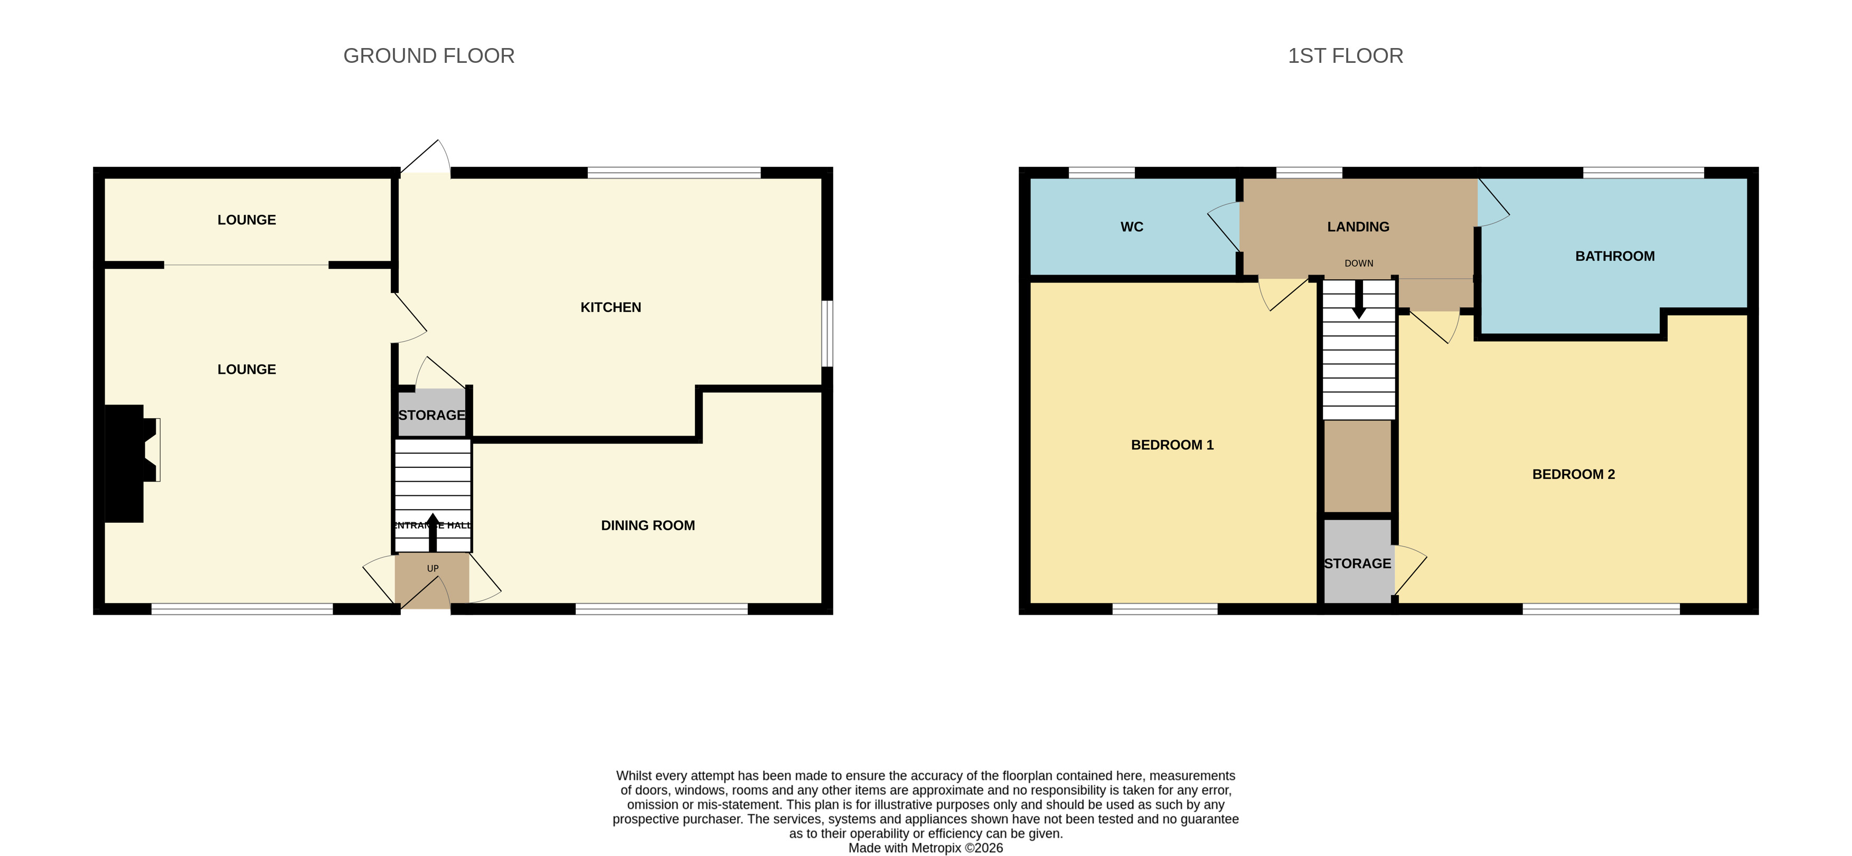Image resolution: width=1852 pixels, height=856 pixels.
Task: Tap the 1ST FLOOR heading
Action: point(1345,56)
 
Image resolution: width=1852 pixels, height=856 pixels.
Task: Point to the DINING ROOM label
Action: point(648,525)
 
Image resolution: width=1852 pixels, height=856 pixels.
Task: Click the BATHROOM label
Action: point(1615,256)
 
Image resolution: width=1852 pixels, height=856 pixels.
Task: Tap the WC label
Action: point(1132,227)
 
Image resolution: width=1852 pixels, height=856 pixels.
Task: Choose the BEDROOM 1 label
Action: point(1172,445)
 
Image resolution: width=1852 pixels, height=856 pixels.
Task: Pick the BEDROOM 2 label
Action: point(1573,474)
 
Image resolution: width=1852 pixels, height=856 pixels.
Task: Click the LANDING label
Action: point(1358,227)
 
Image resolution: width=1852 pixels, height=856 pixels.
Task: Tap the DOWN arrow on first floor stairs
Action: point(1359,299)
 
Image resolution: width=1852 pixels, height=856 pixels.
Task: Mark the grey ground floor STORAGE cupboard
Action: point(432,412)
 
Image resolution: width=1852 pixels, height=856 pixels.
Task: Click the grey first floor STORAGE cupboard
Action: point(1358,561)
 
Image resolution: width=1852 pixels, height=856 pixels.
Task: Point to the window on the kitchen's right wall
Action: point(828,334)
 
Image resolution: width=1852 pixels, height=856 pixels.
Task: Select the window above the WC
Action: point(1102,173)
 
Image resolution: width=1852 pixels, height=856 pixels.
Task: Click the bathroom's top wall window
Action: point(1643,173)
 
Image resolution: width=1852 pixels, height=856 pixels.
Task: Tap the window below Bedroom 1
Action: point(1164,609)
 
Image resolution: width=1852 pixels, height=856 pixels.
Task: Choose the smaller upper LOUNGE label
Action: point(247,220)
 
